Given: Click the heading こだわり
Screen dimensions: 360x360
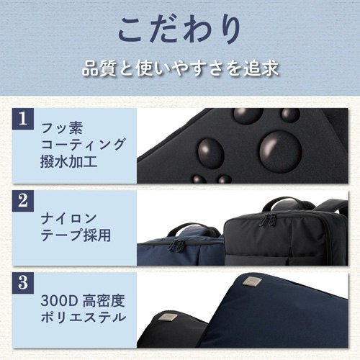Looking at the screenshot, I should (180, 32).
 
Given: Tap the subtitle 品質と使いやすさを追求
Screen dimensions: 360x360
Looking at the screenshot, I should (180, 71).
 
